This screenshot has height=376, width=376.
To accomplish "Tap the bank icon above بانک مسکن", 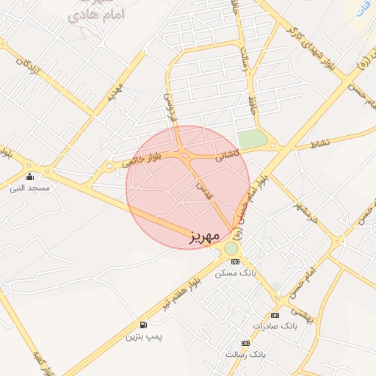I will [x=235, y=262].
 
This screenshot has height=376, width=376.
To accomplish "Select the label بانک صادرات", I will [x=273, y=325].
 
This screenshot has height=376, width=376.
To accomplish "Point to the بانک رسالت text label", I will [x=245, y=354].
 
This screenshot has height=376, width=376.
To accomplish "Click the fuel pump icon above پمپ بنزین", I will [x=142, y=325].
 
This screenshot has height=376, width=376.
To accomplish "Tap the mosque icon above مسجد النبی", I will [x=29, y=176].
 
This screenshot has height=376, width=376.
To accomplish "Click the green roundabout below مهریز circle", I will [x=231, y=248].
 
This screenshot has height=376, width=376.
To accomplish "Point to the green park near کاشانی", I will [x=252, y=139].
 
